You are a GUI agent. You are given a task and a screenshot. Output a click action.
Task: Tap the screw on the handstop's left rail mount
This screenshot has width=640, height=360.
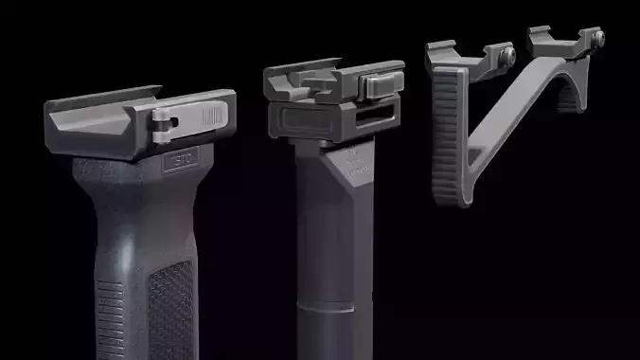508,55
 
